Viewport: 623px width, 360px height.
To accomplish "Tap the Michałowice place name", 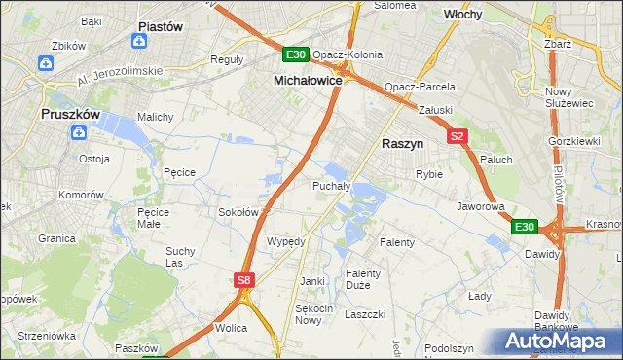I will (x=307, y=81).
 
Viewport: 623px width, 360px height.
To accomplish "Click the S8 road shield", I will (x=244, y=281).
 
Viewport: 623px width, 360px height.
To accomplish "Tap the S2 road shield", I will (x=458, y=137).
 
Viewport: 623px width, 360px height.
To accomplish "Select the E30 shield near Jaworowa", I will (x=525, y=227).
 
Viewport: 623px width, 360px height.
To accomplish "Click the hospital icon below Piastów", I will (x=140, y=42).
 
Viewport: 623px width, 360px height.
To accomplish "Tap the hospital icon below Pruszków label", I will (x=81, y=133).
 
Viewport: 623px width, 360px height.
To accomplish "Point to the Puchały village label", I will (x=331, y=185).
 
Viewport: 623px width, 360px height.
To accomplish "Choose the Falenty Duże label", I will (x=363, y=279).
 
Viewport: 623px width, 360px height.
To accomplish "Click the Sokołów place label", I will (x=238, y=211).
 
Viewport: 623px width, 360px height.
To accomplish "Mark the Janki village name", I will (x=311, y=281).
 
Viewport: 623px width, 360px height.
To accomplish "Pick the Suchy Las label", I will (x=180, y=256).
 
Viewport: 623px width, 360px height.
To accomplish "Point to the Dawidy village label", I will (x=542, y=253).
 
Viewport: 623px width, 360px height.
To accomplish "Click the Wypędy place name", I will (x=286, y=240).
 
